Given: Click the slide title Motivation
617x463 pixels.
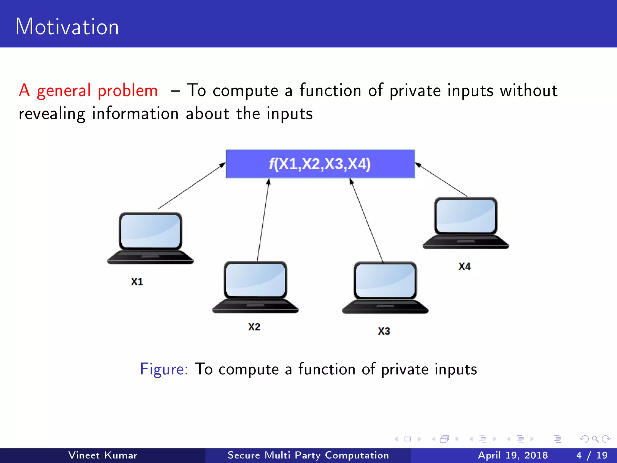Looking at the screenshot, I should coord(67,27).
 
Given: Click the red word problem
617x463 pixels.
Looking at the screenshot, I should coord(128,91).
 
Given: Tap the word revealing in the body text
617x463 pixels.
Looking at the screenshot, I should coord(52,114).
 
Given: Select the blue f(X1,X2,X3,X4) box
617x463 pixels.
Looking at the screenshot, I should coord(320,164).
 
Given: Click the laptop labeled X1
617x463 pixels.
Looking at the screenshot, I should coord(150,238).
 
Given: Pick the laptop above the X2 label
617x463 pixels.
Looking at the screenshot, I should coord(255,287).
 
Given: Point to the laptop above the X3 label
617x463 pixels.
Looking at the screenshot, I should coord(385,288).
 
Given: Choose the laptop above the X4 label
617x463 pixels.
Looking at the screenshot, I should coord(466,223).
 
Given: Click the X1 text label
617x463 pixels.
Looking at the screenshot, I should coord(137,282).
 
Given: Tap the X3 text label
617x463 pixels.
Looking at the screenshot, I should coord(384,331).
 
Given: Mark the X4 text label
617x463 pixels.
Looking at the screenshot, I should coord(465,266).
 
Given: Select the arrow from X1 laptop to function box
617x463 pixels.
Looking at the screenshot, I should coord(192,186).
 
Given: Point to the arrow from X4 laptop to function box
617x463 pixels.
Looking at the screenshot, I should coord(441,180).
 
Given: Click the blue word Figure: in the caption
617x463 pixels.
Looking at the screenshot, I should coord(164,369).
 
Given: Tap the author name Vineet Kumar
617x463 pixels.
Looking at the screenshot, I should coord(103,455).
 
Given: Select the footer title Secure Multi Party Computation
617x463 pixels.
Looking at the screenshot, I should coord(308,455).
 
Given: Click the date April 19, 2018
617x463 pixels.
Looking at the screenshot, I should coord(513,455).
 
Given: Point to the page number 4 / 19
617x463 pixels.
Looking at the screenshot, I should coord(592,455).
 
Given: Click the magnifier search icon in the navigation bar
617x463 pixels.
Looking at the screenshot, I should coord(595,439).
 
